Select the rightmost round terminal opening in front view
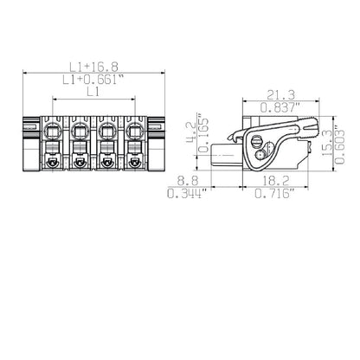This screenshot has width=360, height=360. coord(135,132)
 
